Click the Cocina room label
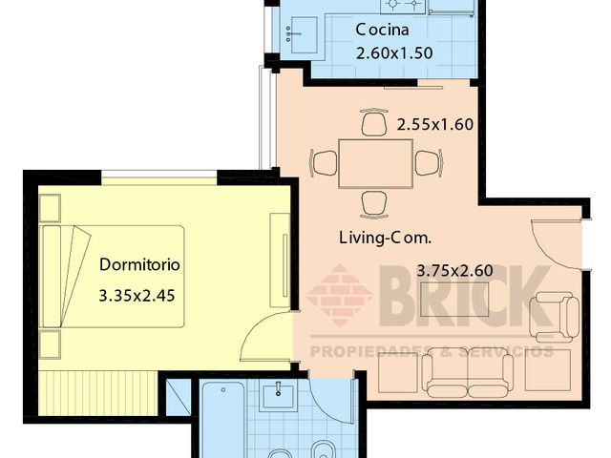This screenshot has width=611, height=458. tap(382, 30)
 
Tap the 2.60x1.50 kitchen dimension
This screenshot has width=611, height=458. tap(394, 53)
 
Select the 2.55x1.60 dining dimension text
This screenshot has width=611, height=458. tap(435, 125)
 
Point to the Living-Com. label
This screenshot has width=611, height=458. tap(386, 238)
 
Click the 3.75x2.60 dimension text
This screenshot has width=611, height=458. tap(454, 271)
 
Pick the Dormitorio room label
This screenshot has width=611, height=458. tap(139, 265)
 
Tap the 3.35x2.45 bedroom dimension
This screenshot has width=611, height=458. tap(137, 296)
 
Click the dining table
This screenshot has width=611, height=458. tap(375, 163)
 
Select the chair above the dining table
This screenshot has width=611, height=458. tap(374, 121)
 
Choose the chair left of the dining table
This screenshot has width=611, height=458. tap(324, 163)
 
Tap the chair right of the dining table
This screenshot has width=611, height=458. tap(429, 163)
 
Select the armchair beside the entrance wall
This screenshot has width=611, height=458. tap(555, 317)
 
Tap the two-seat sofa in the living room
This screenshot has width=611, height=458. tap(468, 373)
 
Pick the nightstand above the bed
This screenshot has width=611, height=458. tap(50, 208)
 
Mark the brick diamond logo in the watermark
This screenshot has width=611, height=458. tap(339, 295)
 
